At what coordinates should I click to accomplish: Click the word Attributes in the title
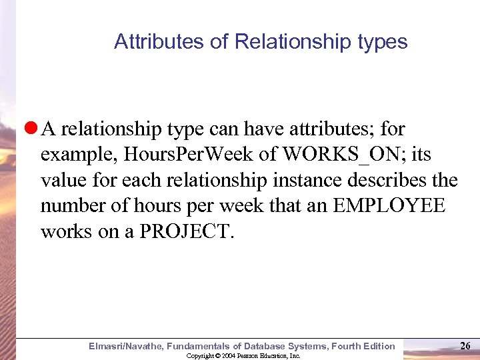coord(150,42)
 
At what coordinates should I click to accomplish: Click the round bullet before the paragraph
coord(30,128)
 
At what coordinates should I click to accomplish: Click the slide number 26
coord(466,345)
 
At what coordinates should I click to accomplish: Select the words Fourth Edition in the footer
coord(366,345)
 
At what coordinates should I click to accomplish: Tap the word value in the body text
coord(61,180)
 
